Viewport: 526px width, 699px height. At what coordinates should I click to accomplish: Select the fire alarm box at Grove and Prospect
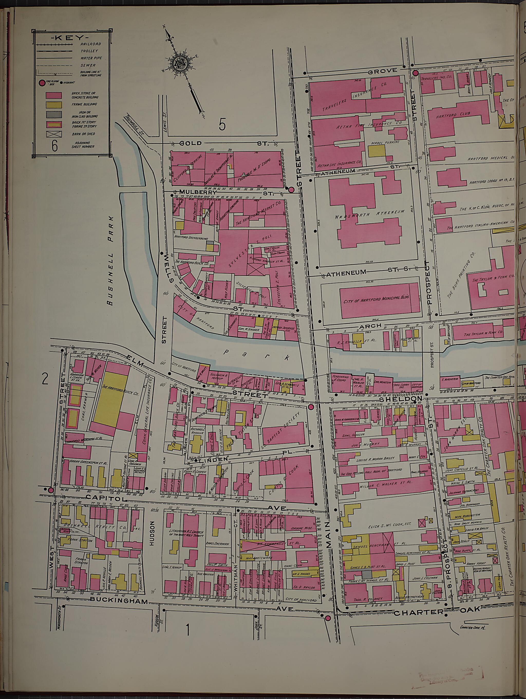[x=416, y=73]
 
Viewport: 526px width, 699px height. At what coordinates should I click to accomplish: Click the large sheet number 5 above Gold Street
[x=222, y=125]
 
